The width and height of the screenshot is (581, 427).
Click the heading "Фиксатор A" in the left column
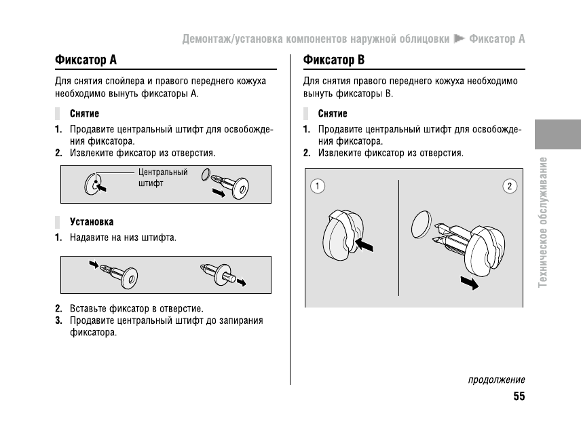tap(86, 60)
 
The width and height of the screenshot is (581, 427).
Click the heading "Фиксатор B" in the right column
tap(334, 60)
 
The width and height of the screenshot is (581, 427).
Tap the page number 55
tap(519, 397)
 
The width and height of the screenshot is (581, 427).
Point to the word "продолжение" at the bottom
tap(496, 380)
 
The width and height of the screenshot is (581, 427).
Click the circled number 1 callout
tap(316, 185)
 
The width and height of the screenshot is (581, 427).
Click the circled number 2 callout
tap(510, 185)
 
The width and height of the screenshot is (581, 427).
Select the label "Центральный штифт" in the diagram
tap(163, 178)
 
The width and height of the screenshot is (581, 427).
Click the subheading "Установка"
tap(92, 222)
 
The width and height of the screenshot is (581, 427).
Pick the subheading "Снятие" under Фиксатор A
tap(84, 113)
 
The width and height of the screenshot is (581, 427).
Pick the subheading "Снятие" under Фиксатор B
tap(333, 113)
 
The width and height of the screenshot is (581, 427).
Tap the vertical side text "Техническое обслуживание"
tap(542, 231)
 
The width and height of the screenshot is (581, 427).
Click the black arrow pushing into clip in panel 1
tap(365, 244)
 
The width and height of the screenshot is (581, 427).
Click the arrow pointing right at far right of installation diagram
tap(241, 281)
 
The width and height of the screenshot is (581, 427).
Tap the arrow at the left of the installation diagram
tap(93, 263)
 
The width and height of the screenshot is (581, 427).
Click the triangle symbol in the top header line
tap(460, 39)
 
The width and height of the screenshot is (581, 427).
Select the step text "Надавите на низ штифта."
tap(123, 238)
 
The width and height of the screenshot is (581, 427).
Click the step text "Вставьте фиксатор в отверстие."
tap(136, 308)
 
